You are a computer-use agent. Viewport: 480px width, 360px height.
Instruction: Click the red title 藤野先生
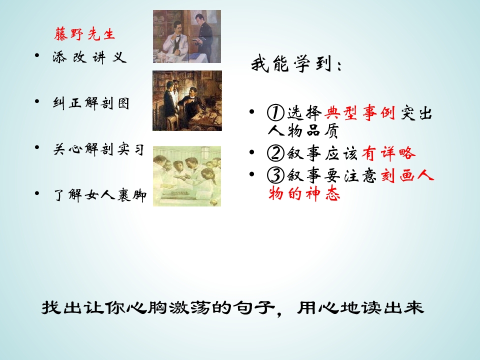84,34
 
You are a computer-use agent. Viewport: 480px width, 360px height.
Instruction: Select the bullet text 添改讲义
89,57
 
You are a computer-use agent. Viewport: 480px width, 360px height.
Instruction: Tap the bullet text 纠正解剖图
91,103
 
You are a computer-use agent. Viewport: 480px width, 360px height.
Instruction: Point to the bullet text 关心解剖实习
98,149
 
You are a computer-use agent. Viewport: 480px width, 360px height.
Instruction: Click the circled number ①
275,113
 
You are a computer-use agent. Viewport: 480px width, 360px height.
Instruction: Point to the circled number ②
275,153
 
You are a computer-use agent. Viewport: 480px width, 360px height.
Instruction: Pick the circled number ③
275,175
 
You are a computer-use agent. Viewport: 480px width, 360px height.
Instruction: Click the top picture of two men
186,36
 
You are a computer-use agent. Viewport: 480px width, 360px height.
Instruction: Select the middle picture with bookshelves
187,100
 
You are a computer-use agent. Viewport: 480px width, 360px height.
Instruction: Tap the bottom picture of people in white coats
186,176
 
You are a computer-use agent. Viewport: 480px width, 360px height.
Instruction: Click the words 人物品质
303,131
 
